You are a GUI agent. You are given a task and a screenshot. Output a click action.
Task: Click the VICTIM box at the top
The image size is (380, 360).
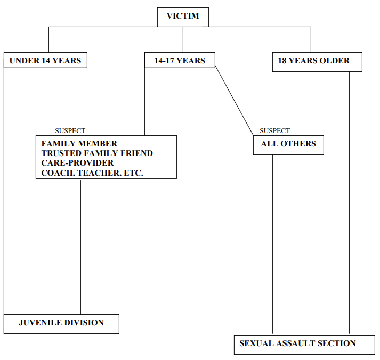(x=183, y=17)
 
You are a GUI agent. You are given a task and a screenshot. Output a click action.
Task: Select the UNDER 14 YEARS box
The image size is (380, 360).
(x=45, y=61)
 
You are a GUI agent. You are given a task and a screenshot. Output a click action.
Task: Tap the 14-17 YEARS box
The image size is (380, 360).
(x=180, y=61)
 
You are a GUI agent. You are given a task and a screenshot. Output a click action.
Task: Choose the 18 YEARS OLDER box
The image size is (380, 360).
(x=317, y=61)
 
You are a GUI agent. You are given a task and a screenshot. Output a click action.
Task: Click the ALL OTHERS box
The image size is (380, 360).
(x=288, y=144)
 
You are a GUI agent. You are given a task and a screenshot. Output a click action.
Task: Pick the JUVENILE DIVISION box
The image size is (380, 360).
(x=61, y=323)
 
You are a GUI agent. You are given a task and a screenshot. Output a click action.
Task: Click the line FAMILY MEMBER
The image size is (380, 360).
(x=79, y=144)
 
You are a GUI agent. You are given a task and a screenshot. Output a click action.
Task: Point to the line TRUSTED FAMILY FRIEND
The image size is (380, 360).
(x=97, y=153)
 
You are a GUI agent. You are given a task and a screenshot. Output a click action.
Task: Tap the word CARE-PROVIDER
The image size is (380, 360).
(x=77, y=163)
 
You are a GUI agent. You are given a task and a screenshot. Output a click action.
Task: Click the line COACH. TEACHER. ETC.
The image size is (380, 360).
(x=92, y=173)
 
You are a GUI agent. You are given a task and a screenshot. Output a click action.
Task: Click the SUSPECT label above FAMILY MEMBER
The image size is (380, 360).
(x=70, y=131)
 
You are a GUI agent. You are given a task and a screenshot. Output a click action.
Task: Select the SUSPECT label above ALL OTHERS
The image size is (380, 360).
(x=274, y=131)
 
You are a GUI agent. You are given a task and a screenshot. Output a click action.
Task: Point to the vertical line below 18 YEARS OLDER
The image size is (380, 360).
(x=349, y=202)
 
